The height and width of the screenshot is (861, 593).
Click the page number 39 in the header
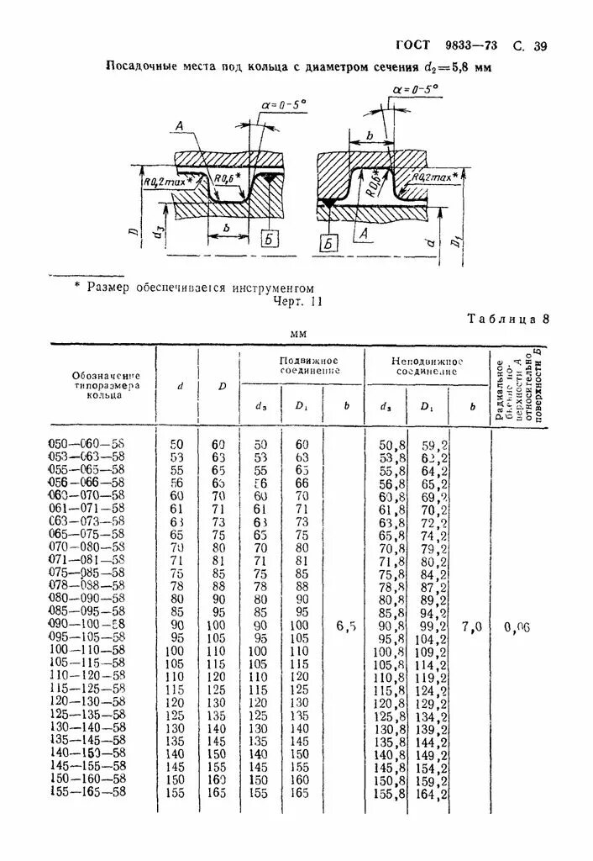(x=539, y=46)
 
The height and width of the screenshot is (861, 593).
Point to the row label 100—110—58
(x=87, y=651)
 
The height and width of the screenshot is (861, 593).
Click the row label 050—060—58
(x=87, y=443)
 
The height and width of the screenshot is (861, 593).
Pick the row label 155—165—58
(x=87, y=792)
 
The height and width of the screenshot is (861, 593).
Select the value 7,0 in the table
(x=471, y=626)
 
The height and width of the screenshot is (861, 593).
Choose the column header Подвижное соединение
(x=308, y=365)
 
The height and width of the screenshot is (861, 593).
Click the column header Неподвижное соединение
(x=427, y=365)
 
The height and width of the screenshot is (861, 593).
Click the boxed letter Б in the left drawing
(x=269, y=240)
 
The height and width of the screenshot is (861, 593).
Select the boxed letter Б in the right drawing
(x=328, y=244)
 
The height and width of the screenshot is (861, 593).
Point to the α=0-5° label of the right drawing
(x=415, y=87)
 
